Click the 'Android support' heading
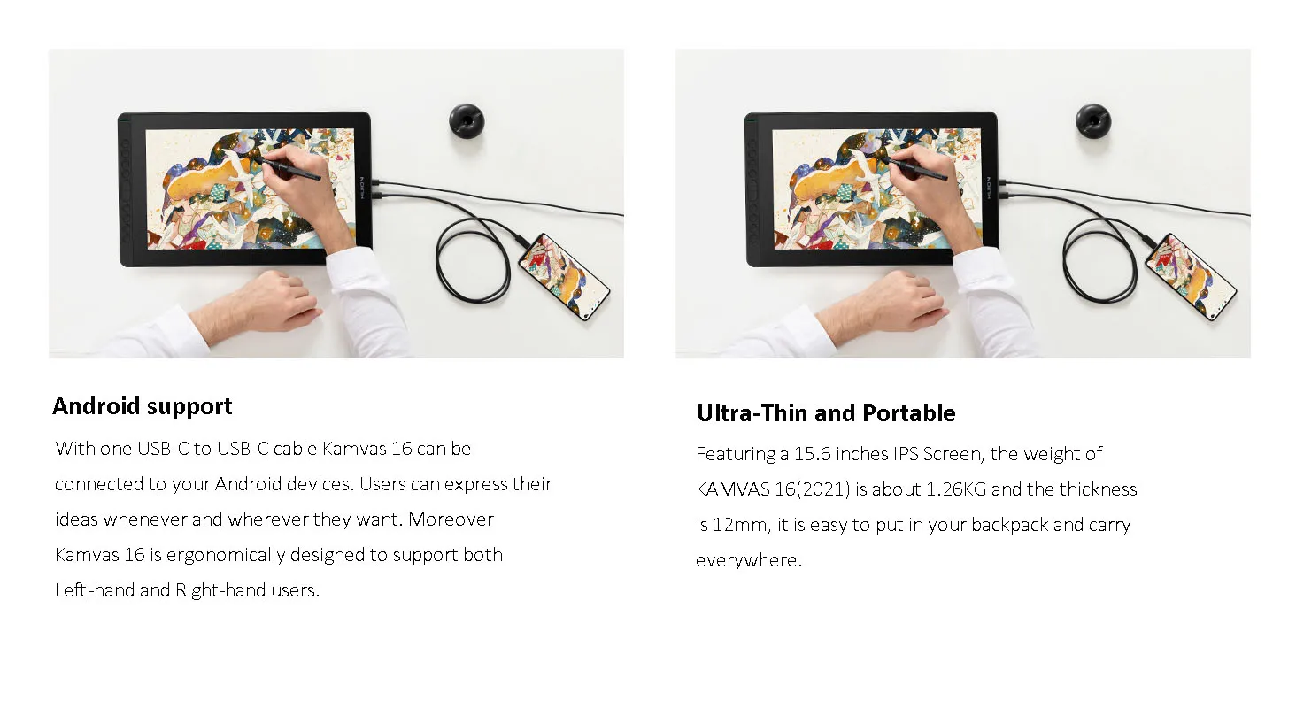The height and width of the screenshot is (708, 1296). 143,406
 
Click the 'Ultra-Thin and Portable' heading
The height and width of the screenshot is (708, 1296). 826,413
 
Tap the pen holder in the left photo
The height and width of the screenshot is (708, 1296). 467,121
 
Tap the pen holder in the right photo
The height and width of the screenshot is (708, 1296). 1093,121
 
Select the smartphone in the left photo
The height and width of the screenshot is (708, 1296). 564,276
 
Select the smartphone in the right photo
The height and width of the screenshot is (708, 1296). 1191,276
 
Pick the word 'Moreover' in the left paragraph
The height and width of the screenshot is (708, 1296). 451,519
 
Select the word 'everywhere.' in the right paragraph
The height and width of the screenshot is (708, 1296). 749,560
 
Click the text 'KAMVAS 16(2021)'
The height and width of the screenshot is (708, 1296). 773,489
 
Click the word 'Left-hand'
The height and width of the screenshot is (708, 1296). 95,590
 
